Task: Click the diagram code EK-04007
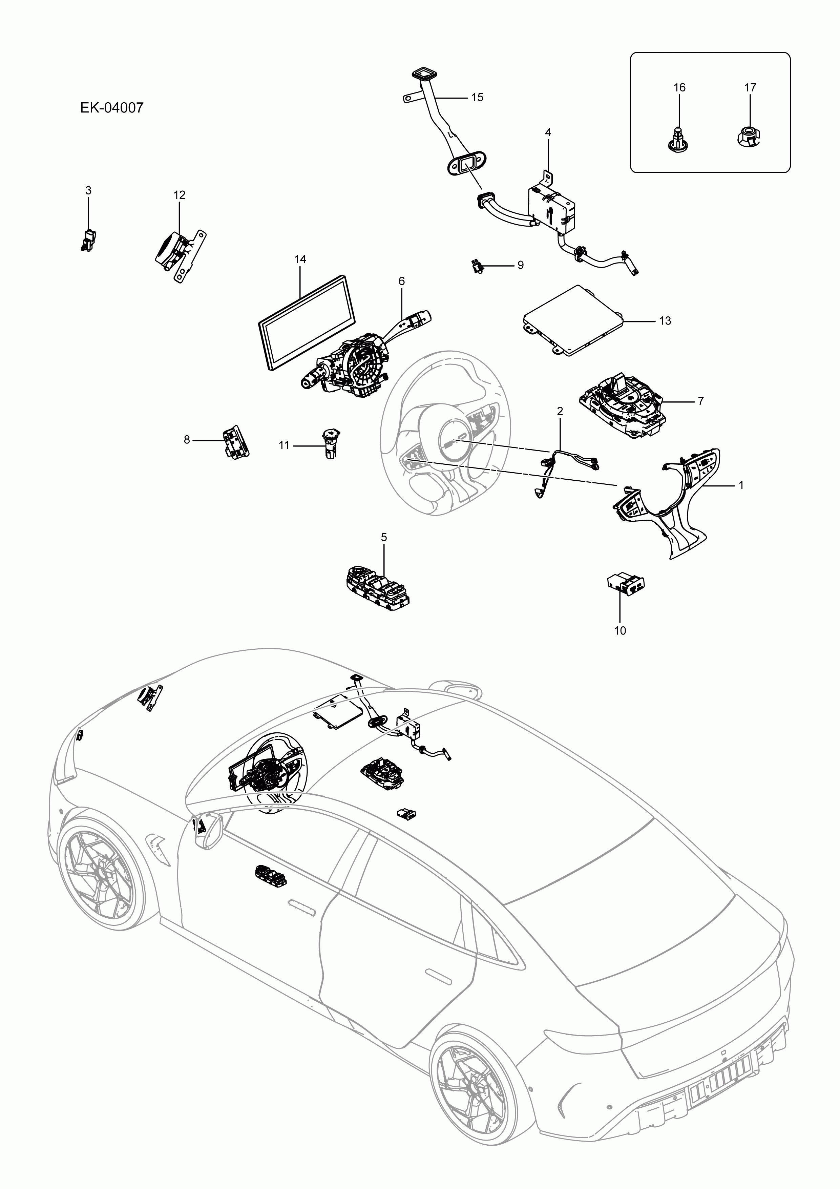tap(111, 108)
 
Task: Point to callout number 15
tap(477, 97)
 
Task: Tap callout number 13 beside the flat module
tap(665, 321)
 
